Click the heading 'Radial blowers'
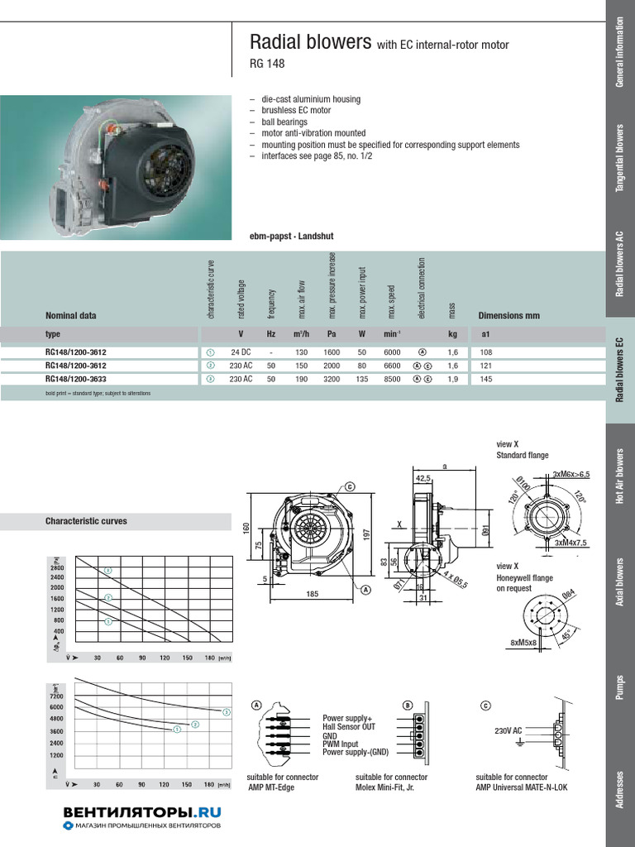[x=310, y=42]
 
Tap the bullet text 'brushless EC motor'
[x=295, y=110]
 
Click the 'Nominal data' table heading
[x=70, y=315]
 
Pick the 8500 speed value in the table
[x=392, y=380]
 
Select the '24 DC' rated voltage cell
[x=241, y=352]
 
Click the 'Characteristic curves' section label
[x=86, y=521]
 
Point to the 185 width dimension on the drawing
[x=312, y=595]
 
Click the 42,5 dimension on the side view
[x=423, y=478]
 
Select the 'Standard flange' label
[x=522, y=456]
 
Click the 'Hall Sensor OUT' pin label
[x=349, y=727]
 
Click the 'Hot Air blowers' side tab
[x=620, y=476]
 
